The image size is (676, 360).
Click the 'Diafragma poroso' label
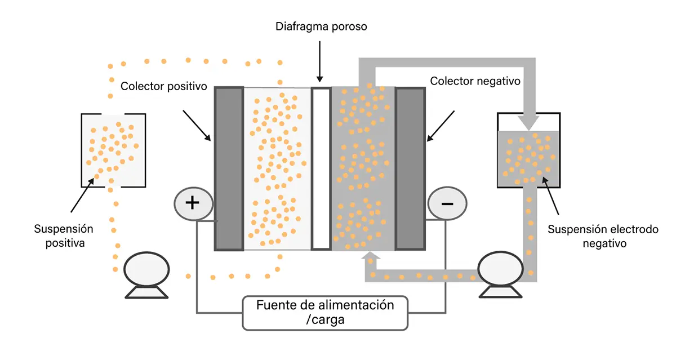click(x=321, y=26)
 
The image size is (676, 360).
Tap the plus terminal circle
click(x=194, y=204)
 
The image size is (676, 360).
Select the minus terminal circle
click(x=447, y=203)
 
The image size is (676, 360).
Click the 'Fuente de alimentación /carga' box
click(x=325, y=313)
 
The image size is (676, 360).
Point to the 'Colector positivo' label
click(x=163, y=86)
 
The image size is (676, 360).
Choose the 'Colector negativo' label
click(x=475, y=81)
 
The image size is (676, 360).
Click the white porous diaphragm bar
click(x=321, y=168)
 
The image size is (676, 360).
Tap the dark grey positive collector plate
click(x=229, y=168)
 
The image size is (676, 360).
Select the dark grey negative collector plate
click(x=411, y=168)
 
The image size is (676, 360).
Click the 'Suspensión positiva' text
click(x=64, y=235)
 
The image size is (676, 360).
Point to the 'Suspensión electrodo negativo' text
click(x=603, y=236)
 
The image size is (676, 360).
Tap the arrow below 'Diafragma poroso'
click(x=319, y=61)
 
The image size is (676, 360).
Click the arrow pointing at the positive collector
click(x=197, y=126)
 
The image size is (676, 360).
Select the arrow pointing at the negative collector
click(x=441, y=126)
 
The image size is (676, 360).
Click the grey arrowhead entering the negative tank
click(x=529, y=123)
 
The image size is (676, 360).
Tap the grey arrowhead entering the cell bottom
click(x=371, y=256)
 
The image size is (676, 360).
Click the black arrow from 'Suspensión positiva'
click(x=82, y=195)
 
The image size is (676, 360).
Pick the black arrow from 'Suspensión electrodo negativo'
click(x=551, y=196)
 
